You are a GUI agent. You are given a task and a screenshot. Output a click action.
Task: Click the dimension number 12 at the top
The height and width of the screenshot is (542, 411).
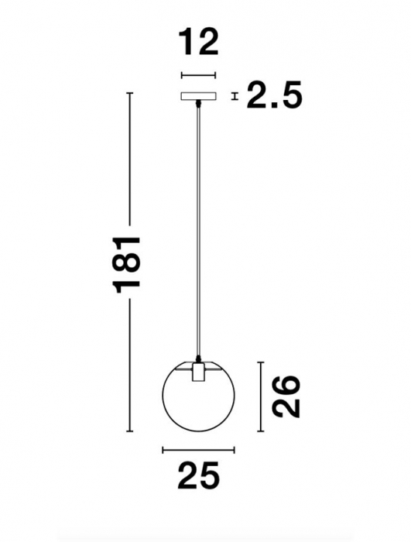197,42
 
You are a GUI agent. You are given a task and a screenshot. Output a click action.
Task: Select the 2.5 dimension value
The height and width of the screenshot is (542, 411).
272,97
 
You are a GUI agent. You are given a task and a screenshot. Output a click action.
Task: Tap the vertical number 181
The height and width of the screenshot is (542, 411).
128,263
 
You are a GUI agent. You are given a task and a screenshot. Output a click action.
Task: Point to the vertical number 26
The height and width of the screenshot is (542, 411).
287,396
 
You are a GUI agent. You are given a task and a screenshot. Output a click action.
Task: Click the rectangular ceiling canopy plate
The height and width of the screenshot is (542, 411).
199,97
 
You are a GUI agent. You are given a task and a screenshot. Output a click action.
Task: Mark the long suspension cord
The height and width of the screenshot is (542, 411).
200,232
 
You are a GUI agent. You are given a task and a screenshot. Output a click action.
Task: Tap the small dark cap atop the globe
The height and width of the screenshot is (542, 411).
199,360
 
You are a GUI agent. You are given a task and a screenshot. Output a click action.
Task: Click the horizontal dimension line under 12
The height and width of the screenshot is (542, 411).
197,75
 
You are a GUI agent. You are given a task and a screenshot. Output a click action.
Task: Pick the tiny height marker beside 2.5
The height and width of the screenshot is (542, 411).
235,97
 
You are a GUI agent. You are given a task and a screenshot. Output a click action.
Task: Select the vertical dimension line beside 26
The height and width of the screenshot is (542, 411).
262,396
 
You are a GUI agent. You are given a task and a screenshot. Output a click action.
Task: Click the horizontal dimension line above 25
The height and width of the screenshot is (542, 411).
198,449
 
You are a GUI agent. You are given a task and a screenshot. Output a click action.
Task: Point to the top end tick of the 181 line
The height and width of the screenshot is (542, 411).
129,93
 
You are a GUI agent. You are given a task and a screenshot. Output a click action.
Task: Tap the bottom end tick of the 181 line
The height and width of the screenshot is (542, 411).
129,432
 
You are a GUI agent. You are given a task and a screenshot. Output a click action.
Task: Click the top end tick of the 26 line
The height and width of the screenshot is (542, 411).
262,361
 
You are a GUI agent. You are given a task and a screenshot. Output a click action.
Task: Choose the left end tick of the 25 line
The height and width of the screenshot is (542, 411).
162,449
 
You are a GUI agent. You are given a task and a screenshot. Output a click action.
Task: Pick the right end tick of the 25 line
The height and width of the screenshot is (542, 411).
235,449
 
